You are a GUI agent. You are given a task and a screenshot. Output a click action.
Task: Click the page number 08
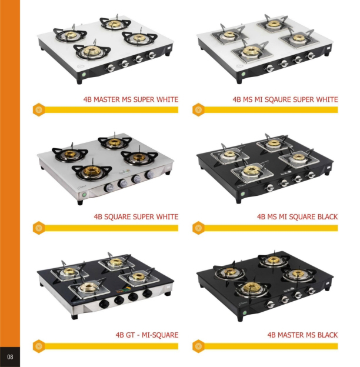click(x=10, y=356)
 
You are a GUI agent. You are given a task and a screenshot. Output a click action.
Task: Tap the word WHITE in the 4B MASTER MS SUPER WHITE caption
click(x=167, y=99)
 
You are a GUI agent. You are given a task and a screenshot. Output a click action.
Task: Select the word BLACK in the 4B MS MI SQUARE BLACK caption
click(x=328, y=217)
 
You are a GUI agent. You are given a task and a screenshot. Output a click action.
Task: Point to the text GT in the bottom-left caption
click(x=130, y=335)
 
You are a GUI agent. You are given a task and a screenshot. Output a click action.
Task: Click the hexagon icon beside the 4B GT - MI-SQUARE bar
click(x=39, y=346)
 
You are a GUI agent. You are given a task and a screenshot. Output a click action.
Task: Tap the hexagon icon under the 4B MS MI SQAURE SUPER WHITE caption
click(x=198, y=109)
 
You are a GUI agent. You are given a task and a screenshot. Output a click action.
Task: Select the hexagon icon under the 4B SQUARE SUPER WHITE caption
click(x=39, y=228)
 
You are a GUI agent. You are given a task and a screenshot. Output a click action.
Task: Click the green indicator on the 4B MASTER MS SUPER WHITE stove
click(x=84, y=75)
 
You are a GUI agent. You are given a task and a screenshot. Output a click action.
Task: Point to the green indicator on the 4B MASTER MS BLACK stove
click(x=245, y=313)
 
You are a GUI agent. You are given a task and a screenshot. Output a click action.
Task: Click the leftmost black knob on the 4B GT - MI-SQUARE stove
click(x=104, y=304)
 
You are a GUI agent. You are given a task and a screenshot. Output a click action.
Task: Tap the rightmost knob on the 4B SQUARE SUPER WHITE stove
click(x=149, y=175)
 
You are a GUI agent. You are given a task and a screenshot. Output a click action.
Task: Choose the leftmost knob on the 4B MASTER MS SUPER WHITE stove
click(x=110, y=68)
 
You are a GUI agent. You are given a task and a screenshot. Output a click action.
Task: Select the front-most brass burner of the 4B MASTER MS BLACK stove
click(x=251, y=288)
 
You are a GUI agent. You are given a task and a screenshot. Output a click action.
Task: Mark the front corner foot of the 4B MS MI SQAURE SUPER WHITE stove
click(x=239, y=81)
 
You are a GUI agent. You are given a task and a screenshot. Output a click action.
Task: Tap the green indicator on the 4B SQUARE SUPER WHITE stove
click(x=84, y=195)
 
